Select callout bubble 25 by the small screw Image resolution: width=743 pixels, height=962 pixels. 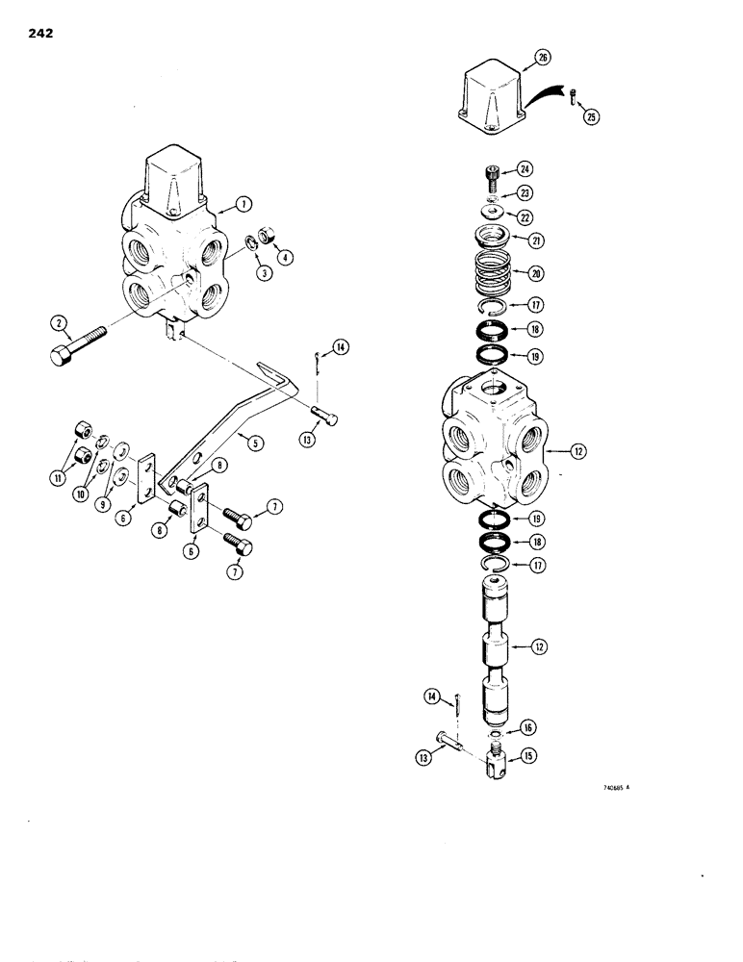(590, 116)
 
